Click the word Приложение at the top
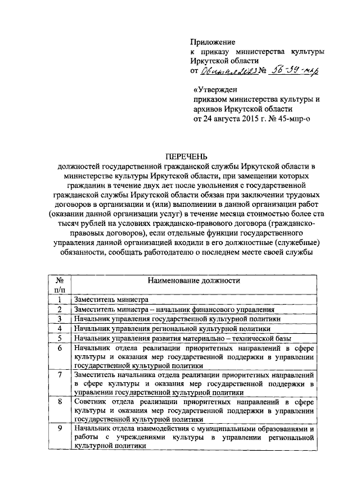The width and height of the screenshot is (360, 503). coord(213,42)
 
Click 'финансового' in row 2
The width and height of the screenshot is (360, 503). coord(209,309)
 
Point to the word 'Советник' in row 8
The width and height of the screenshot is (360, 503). coord(90,402)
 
